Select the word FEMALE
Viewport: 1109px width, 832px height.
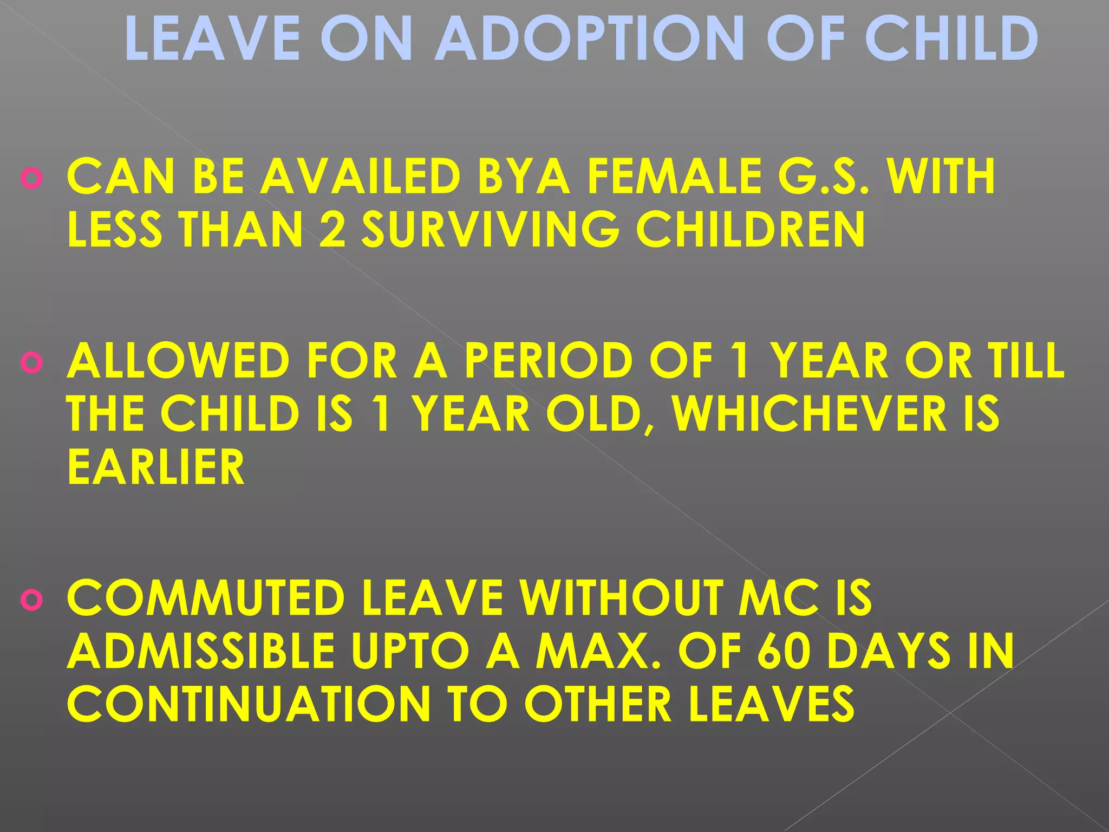(x=674, y=177)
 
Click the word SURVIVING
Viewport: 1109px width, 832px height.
(x=490, y=230)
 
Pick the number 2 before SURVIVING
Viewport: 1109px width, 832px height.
(x=332, y=230)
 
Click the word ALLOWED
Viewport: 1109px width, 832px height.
(x=179, y=361)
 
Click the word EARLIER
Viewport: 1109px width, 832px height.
(x=156, y=467)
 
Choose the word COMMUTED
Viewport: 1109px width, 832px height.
(x=206, y=599)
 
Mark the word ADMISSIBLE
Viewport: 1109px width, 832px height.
(x=201, y=652)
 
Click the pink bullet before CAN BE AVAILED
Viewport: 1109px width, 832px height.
(x=32, y=179)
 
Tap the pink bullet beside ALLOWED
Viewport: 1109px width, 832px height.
(x=32, y=363)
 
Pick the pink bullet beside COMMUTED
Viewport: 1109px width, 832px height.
(x=32, y=601)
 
